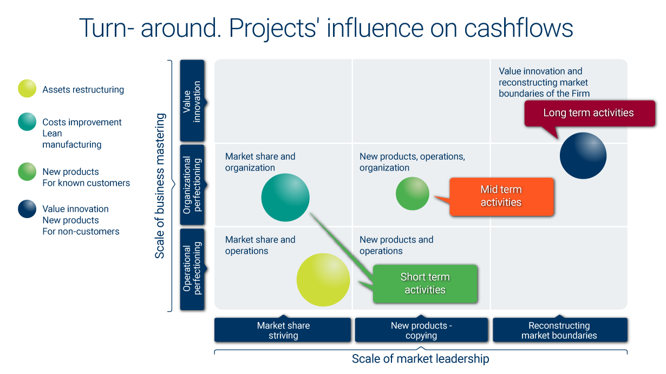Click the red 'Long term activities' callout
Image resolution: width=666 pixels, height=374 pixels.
click(590, 113)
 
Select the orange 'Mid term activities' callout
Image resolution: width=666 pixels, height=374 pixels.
click(501, 196)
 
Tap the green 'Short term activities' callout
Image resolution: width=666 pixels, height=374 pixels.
click(425, 284)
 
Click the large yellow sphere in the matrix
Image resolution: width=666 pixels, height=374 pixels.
click(323, 280)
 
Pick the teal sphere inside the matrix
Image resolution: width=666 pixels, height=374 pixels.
click(285, 198)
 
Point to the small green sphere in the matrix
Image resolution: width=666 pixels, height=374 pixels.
click(413, 194)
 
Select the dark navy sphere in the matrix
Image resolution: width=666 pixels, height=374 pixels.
click(583, 155)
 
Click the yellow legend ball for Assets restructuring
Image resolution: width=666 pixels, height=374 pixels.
click(27, 88)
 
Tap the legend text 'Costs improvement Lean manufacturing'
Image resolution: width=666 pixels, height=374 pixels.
click(82, 133)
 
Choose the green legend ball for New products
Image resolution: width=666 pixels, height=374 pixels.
click(27, 172)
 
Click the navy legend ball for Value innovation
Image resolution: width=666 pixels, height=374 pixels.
click(27, 209)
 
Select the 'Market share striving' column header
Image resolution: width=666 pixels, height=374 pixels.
click(283, 330)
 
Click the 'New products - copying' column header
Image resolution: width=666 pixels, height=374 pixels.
click(421, 330)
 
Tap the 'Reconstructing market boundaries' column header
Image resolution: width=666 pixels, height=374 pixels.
click(560, 330)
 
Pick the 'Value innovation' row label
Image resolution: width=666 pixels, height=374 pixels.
click(192, 101)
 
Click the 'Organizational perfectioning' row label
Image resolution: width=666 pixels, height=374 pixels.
click(192, 185)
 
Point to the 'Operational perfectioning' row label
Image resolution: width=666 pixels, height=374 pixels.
click(192, 270)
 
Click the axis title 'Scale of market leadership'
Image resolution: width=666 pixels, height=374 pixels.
click(420, 359)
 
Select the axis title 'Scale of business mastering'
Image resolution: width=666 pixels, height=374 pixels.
click(160, 186)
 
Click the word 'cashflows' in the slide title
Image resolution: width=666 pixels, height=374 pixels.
click(519, 28)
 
